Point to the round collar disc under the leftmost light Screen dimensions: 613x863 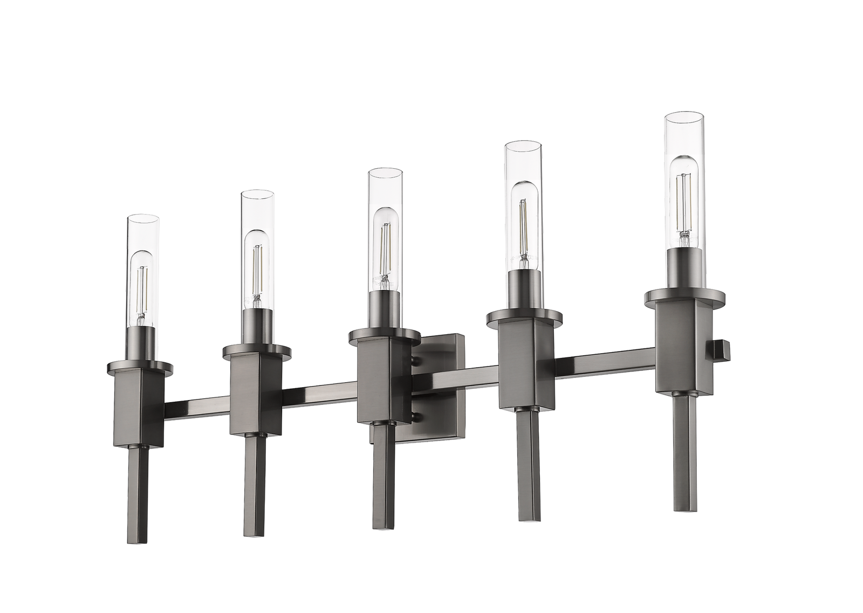pos(139,368)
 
